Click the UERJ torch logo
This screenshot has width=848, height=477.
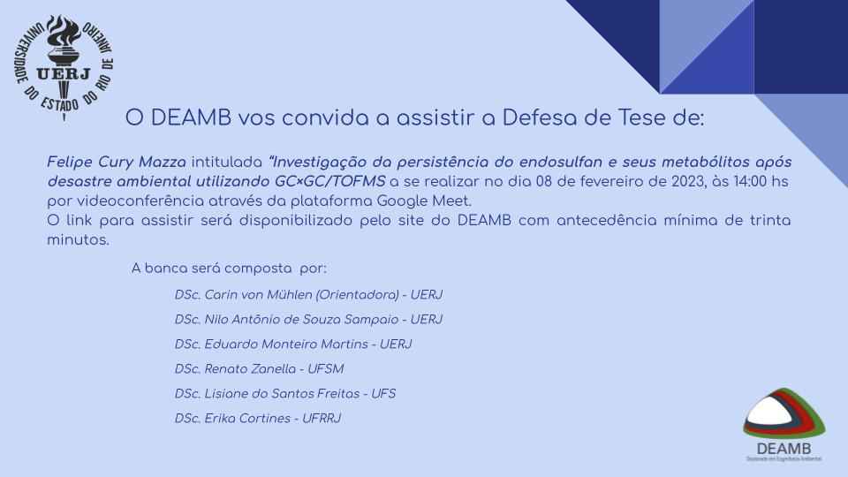64,67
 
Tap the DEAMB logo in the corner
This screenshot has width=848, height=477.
784,425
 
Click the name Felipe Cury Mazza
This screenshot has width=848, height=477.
117,162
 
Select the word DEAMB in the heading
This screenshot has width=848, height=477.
191,117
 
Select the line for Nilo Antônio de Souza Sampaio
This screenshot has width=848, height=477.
308,320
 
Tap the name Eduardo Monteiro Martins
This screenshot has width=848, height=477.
286,344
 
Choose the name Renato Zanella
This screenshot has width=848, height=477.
250,369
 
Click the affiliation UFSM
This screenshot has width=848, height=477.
326,369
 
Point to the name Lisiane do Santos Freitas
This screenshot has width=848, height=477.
282,394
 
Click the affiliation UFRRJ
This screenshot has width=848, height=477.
322,419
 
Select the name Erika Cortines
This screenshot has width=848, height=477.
247,419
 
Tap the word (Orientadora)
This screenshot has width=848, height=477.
357,295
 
